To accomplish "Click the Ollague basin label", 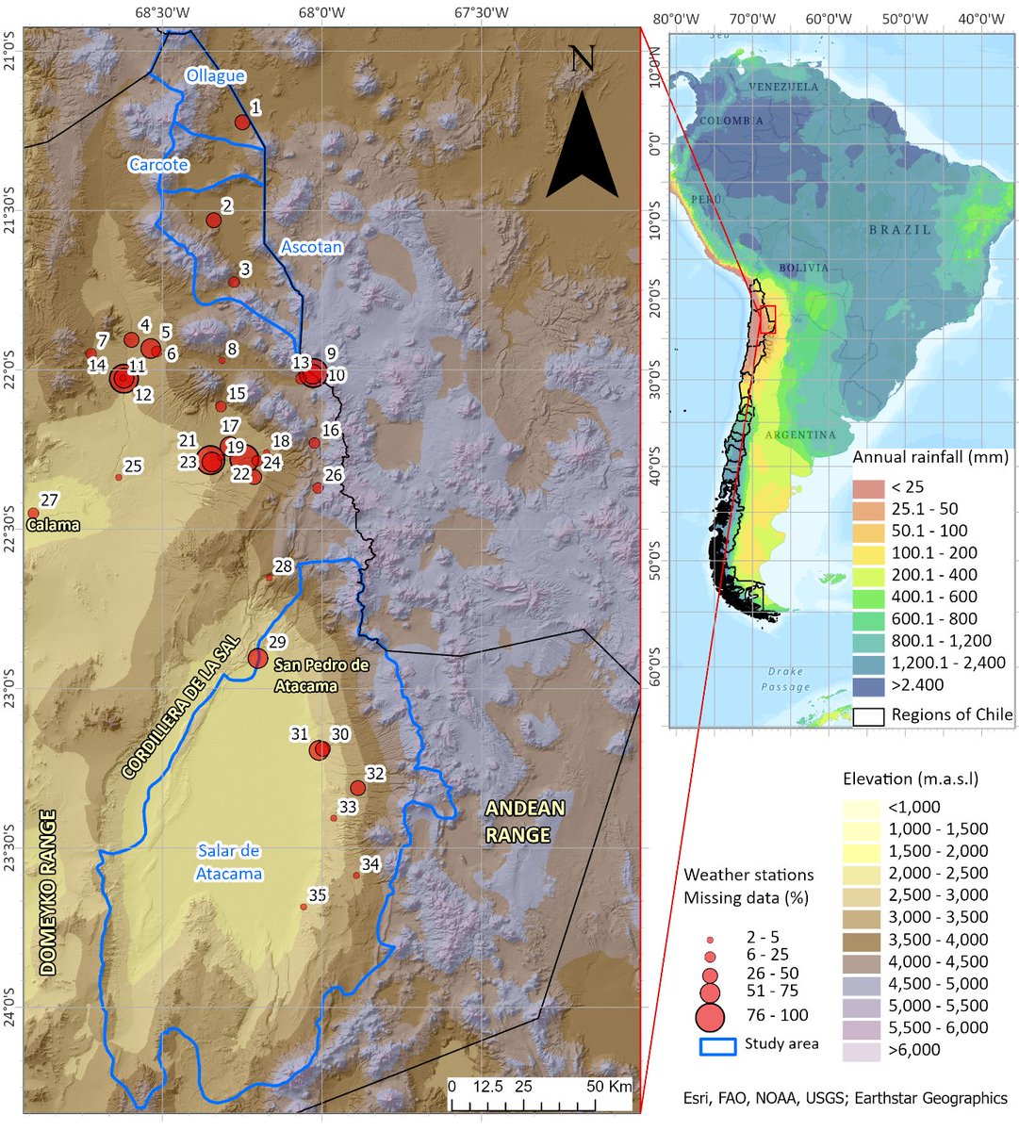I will point(215,75).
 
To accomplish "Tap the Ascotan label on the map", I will point(310,248).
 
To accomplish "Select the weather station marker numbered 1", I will point(242,123).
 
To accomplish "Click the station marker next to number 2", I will point(214,221).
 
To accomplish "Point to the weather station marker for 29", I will point(257,658).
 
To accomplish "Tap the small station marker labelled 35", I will point(304,907).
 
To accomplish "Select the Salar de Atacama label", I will point(229,862).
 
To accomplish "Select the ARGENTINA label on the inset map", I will point(799,435).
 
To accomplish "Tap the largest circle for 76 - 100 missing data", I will point(710,1017).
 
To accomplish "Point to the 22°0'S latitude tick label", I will point(11,367).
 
